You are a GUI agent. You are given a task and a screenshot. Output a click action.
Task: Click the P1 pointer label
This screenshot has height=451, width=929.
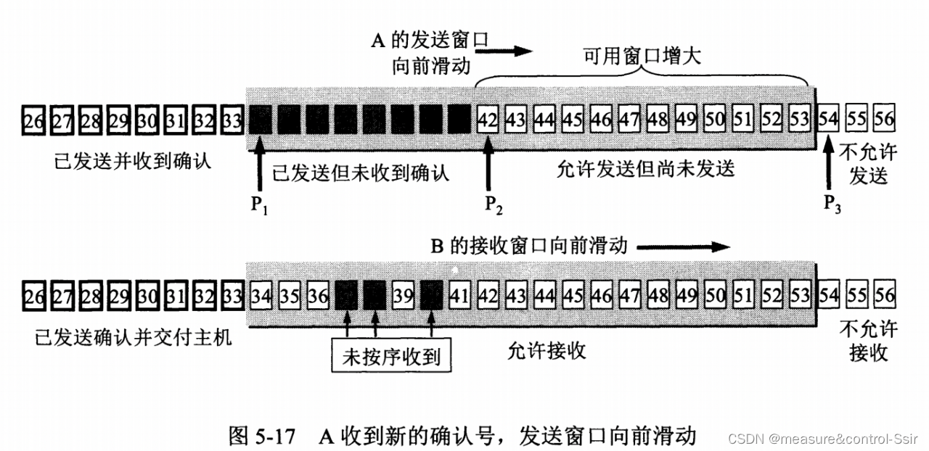(x=259, y=205)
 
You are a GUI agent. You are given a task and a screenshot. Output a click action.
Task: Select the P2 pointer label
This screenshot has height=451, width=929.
(x=494, y=205)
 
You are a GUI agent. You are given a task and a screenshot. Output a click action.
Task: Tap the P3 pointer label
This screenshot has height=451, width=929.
(x=833, y=205)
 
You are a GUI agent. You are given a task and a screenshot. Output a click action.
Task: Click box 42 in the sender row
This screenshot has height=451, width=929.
(x=488, y=119)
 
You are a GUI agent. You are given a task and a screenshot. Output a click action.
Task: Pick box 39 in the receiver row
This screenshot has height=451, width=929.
(x=402, y=296)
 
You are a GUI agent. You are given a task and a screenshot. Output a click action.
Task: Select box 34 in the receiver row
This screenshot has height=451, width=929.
(x=260, y=296)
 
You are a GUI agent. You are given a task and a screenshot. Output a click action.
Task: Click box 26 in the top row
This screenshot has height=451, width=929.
(x=33, y=119)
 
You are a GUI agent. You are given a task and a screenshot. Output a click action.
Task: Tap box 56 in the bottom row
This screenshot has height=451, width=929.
(x=884, y=296)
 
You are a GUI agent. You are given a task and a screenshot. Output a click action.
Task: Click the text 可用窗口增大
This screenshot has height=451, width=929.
(x=642, y=57)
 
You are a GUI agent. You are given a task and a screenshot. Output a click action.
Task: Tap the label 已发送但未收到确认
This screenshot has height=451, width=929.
(x=360, y=173)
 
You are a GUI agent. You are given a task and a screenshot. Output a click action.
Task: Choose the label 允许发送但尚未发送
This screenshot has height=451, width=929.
(x=645, y=168)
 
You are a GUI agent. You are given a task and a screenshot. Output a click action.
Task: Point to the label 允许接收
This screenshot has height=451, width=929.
(x=547, y=351)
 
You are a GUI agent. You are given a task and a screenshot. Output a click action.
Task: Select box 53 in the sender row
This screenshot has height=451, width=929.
(x=799, y=119)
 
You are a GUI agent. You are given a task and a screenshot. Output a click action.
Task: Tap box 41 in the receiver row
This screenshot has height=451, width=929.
(x=459, y=296)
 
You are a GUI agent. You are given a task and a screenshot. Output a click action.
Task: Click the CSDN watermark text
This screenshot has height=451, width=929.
(x=824, y=439)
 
